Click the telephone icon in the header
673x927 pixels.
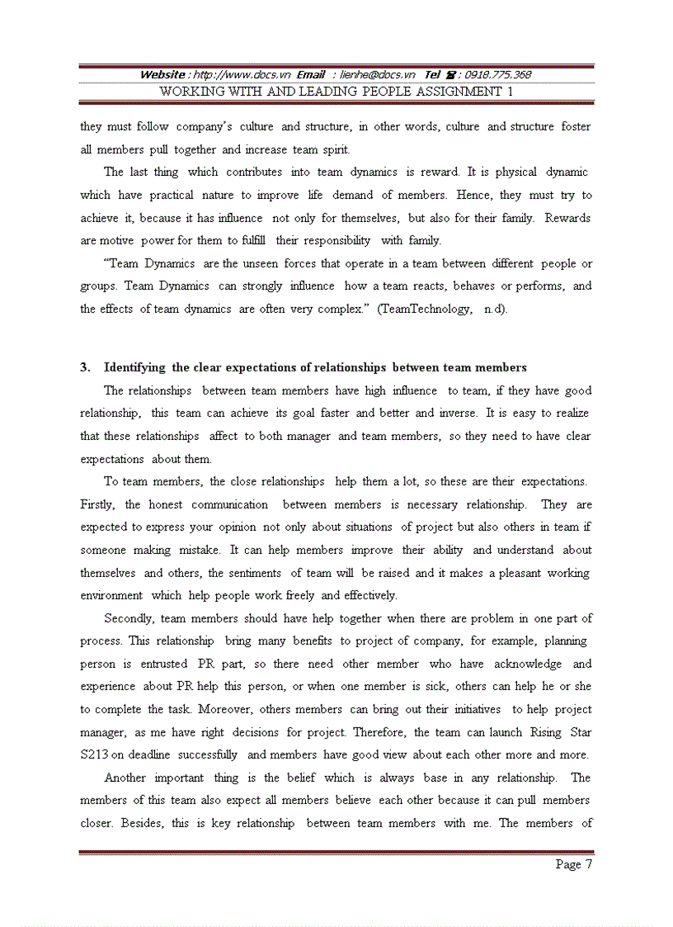[x=452, y=74]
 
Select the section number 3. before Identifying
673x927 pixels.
[x=84, y=367]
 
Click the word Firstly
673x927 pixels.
[x=98, y=504]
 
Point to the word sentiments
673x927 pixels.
[x=255, y=573]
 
